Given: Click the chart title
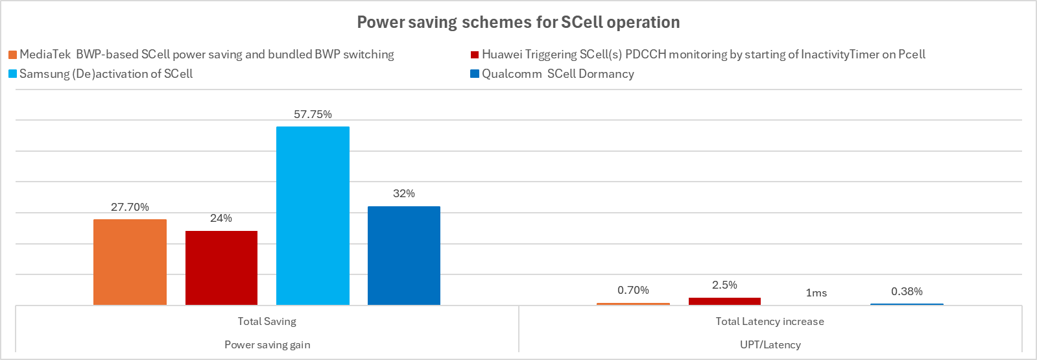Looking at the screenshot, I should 518,23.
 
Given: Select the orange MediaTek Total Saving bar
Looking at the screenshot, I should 130,262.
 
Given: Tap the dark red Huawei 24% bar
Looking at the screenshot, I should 221,267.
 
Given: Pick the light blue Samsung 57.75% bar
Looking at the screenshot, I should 313,215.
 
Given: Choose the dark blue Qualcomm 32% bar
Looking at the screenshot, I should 404,256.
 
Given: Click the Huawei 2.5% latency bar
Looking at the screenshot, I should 724,301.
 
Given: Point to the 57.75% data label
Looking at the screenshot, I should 313,115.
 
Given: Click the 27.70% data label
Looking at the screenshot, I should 130,208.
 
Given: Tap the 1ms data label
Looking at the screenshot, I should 816,293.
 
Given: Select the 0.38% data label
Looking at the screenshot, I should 907,292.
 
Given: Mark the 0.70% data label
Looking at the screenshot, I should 633,291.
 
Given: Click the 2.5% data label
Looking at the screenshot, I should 724,285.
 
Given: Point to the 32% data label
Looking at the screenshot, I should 404,194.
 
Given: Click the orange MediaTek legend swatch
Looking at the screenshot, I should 13,55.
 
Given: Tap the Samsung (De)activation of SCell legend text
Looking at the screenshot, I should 106,74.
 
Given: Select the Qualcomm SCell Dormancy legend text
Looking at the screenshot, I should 558,74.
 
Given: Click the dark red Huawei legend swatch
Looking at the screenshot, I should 475,55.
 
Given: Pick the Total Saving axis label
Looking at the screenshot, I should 267,322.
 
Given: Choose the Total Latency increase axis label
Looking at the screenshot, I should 770,322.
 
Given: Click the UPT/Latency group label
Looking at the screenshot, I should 770,345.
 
